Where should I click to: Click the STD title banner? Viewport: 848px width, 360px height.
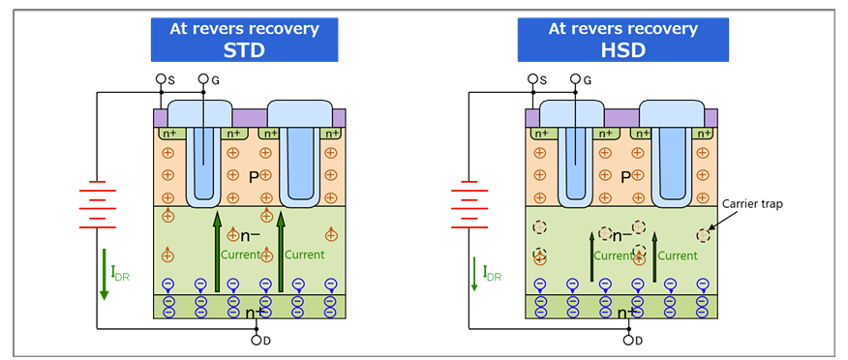[x=244, y=40]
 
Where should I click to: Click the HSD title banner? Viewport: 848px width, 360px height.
[x=622, y=40]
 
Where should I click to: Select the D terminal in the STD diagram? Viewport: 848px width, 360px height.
[x=257, y=340]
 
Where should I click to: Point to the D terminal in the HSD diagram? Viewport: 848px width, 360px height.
[x=628, y=340]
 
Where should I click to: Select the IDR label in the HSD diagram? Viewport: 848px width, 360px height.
[x=491, y=276]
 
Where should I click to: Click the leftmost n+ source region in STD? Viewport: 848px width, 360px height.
[x=169, y=134]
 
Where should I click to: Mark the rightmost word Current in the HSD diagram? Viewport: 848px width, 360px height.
[x=679, y=255]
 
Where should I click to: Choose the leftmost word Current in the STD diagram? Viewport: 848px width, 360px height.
[x=240, y=255]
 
